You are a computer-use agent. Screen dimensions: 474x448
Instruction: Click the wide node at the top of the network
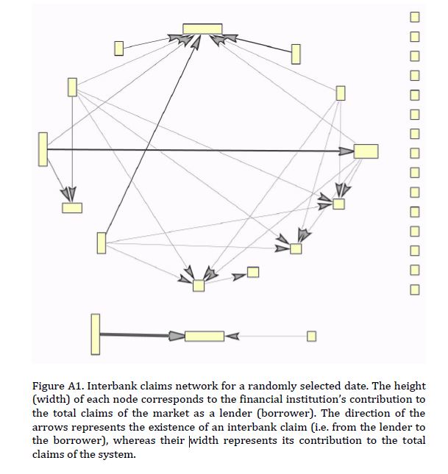pyautogui.click(x=202, y=29)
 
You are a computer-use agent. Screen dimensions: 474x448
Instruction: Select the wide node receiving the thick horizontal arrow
pyautogui.click(x=366, y=151)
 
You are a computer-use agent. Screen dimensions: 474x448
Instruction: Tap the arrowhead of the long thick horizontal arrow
pyautogui.click(x=346, y=151)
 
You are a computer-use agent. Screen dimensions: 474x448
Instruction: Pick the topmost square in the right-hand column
pyautogui.click(x=415, y=16)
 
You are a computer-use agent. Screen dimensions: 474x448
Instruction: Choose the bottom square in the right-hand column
pyautogui.click(x=415, y=289)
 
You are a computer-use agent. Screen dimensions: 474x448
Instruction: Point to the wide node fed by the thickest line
pyautogui.click(x=204, y=336)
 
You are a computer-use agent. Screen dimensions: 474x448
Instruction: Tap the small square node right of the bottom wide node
pyautogui.click(x=311, y=336)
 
